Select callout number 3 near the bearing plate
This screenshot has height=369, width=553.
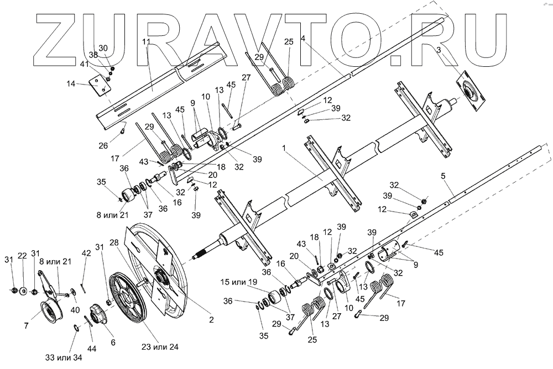439,50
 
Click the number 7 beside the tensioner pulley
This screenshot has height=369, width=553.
26,325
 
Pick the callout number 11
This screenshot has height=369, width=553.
145,43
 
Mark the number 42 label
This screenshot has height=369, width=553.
85,253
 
